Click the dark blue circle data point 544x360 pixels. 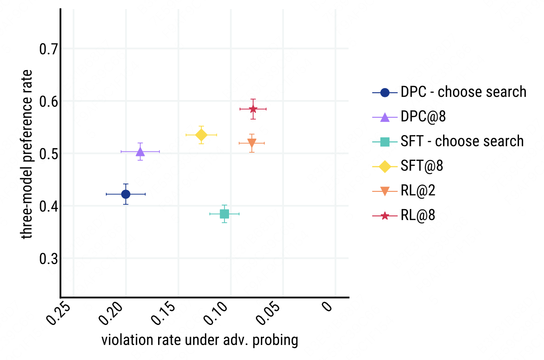pos(126,194)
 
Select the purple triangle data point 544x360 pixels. pos(140,151)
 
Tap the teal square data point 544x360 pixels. pos(225,214)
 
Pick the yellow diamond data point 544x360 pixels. pos(201,135)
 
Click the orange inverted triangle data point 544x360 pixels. pos(252,143)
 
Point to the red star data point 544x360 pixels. pos(253,109)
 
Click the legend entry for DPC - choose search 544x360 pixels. pos(463,92)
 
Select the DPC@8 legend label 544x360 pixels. pos(423,116)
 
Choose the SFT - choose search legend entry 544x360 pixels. pos(462,141)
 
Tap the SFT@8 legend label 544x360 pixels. pos(422,166)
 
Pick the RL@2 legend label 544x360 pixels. pos(418,190)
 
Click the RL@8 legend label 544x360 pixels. pos(418,215)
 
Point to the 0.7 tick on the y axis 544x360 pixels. pos(48,49)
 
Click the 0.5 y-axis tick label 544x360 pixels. pos(48,154)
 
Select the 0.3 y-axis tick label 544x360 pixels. pos(48,259)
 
